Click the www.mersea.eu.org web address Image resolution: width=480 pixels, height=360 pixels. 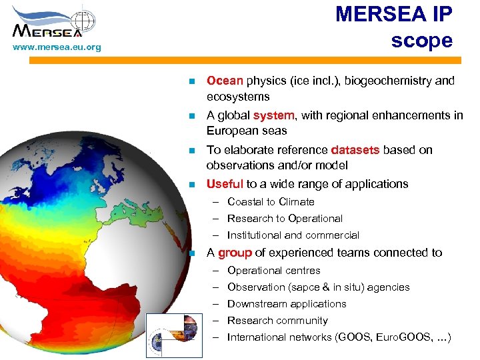point(57,47)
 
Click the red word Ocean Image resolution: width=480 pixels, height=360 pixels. point(225,81)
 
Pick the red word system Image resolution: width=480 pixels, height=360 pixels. point(273,115)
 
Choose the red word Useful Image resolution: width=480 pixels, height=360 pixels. point(225,184)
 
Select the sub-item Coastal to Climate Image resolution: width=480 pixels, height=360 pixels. point(271,201)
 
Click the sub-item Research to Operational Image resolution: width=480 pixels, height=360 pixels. point(285,218)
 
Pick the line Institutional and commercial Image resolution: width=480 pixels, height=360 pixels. point(293,235)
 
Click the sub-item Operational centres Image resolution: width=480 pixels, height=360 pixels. point(273,270)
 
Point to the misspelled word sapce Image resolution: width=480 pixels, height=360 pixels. point(305,287)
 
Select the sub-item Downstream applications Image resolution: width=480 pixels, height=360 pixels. point(287,304)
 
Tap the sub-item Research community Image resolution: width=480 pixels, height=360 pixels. point(277,321)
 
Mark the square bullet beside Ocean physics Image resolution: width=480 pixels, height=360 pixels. point(191,81)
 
